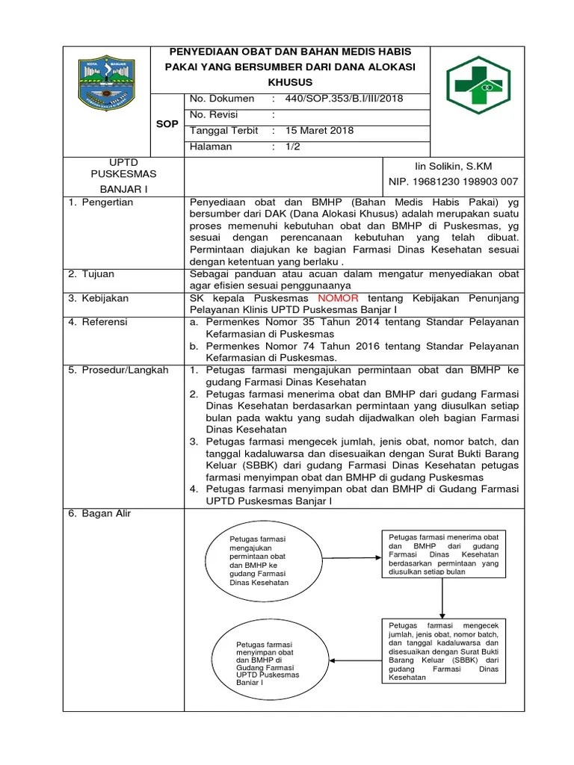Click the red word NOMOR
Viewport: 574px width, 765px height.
[x=318, y=298]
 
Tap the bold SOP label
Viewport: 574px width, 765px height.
[x=167, y=123]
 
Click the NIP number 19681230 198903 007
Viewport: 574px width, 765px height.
[x=453, y=182]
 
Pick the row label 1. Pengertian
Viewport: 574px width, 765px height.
[x=101, y=202]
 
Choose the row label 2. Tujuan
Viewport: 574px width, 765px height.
[x=93, y=274]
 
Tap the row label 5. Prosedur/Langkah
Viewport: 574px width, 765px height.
[x=118, y=370]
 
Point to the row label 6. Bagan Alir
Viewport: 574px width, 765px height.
[x=102, y=513]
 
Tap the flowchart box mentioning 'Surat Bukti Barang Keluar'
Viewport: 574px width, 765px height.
[x=443, y=651]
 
